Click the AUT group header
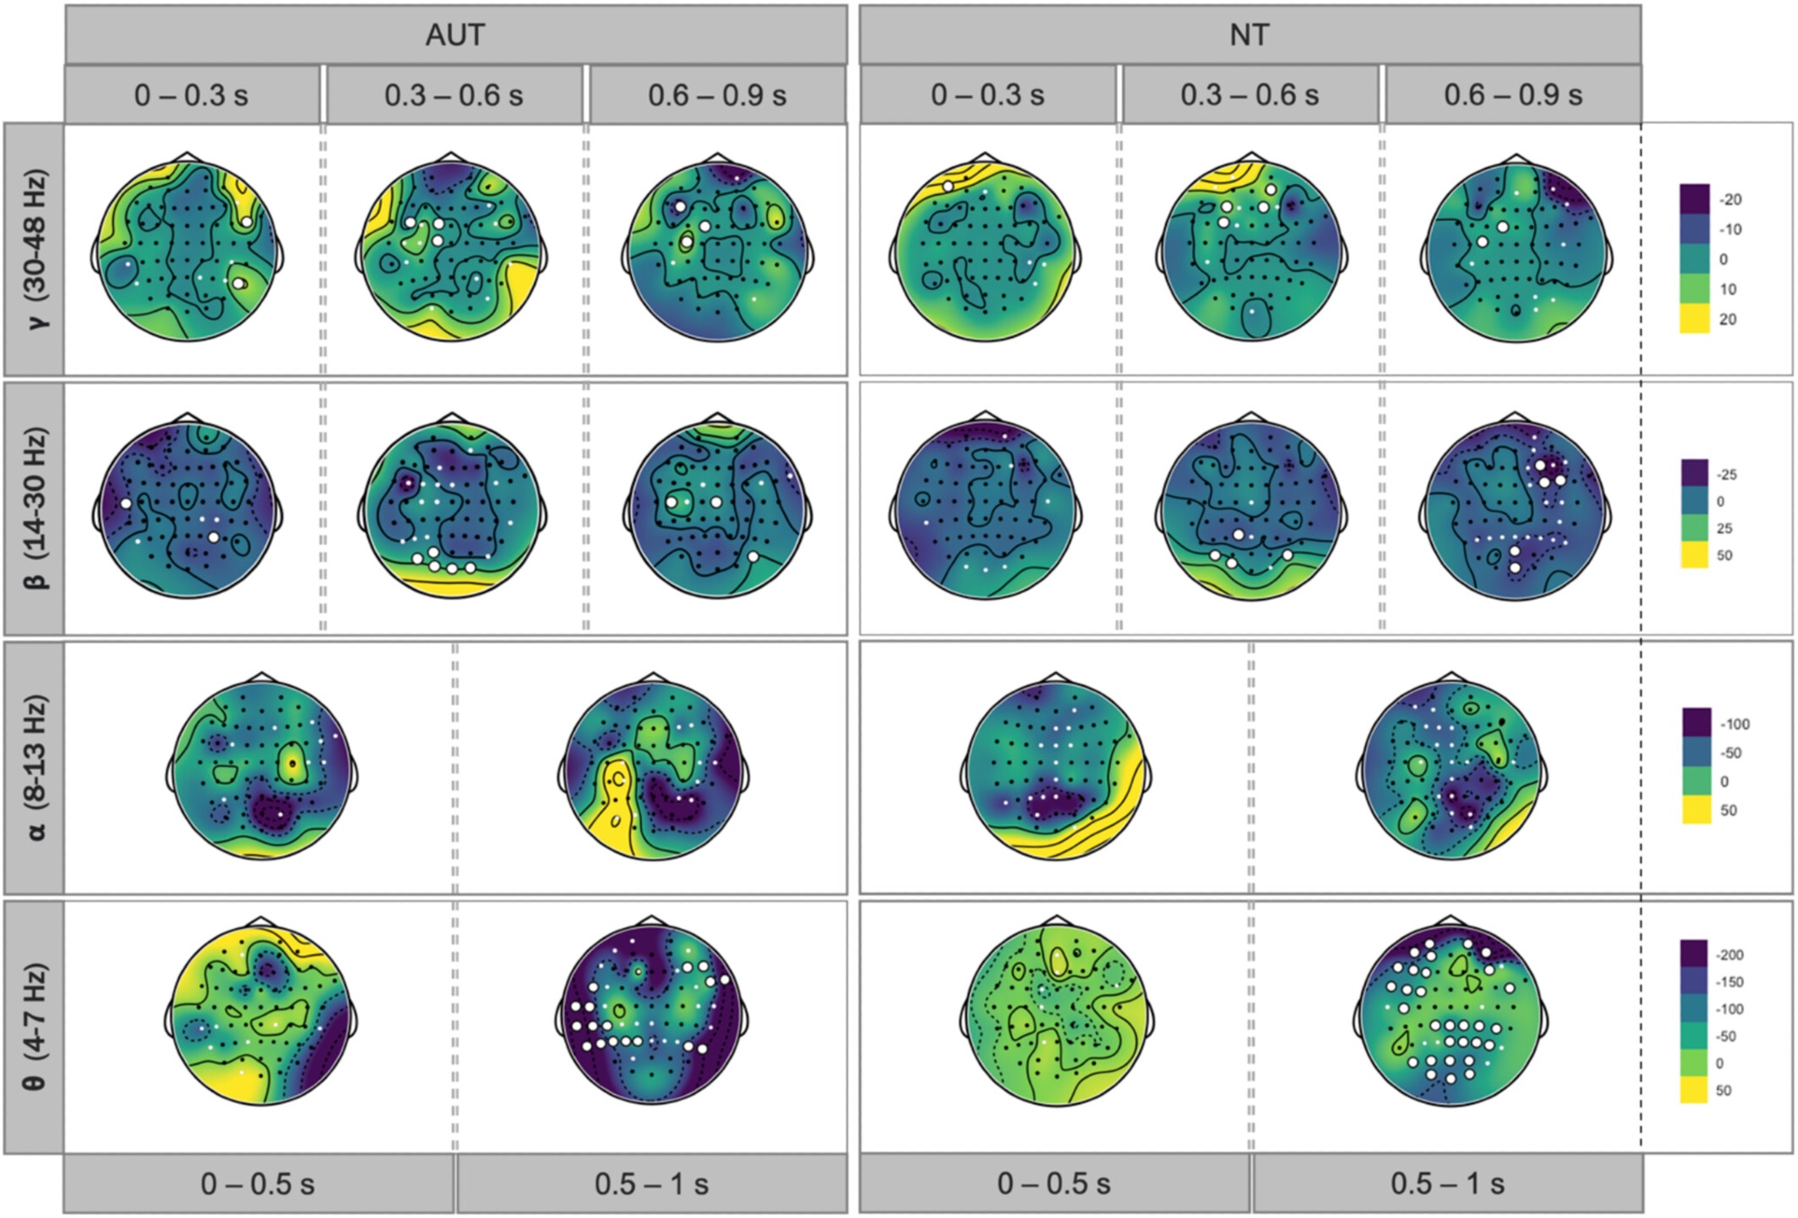pos(455,35)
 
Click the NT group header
pos(1249,35)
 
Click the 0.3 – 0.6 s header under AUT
pos(454,94)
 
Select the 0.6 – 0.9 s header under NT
pos(1513,94)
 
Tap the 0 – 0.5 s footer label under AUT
pos(258,1184)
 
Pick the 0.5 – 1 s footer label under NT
pos(1447,1184)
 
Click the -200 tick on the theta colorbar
pos(1730,955)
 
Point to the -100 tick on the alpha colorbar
pos(1734,724)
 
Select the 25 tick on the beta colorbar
pos(1723,529)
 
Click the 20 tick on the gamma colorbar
pos(1727,319)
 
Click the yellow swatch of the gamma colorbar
pos(1695,319)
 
